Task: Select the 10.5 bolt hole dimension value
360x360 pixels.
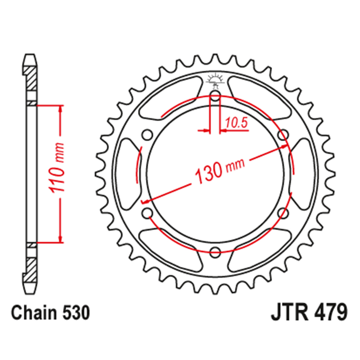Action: (236, 123)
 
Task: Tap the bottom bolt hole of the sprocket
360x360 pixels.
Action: (215, 252)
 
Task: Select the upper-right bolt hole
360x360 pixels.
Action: (284, 135)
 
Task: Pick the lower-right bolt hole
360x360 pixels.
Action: (284, 213)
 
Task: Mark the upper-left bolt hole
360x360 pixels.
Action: (147, 135)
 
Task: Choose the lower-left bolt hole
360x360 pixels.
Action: (147, 213)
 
